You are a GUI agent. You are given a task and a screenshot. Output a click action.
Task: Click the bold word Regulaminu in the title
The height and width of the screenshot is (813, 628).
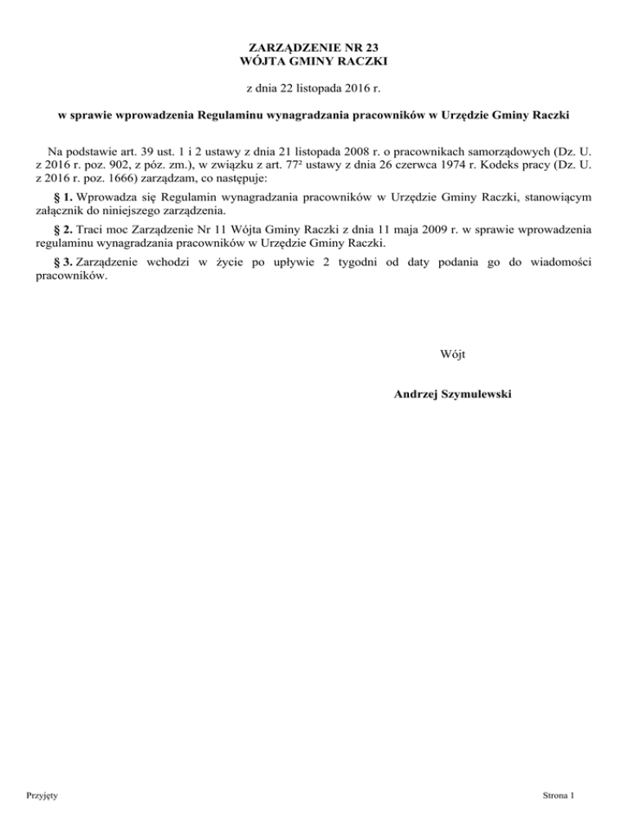[x=238, y=114]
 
